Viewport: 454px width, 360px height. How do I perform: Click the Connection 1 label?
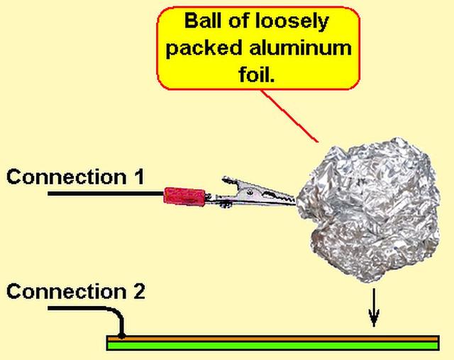[x=75, y=176]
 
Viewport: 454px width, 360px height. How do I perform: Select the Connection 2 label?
[x=75, y=291]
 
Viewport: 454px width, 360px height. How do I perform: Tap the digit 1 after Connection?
[x=138, y=176]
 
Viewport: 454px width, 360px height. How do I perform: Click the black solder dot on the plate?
[x=122, y=334]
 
